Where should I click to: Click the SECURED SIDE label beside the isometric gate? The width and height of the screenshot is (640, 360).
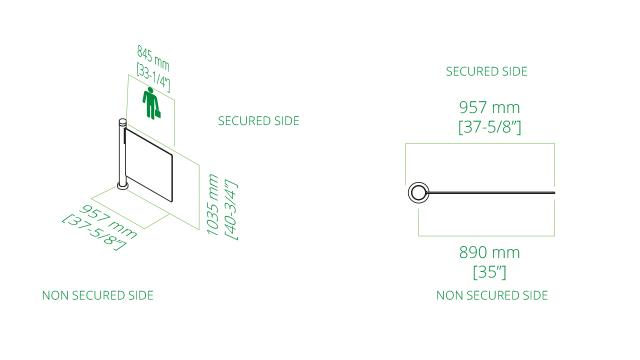pos(258,121)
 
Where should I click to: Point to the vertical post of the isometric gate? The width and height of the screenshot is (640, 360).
pos(121,155)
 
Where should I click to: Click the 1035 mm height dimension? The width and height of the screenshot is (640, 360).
pos(212,203)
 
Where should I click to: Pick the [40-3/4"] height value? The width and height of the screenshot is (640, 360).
pos(230,208)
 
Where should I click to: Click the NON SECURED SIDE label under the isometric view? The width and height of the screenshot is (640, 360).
pos(97,296)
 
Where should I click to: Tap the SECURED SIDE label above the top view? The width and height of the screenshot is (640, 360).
pos(486,72)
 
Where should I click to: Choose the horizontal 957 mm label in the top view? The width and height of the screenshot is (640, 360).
pos(489,107)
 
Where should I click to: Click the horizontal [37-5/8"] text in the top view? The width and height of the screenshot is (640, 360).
pos(489,127)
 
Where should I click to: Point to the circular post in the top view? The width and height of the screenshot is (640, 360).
pos(417,192)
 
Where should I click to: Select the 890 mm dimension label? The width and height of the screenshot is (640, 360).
pos(489,252)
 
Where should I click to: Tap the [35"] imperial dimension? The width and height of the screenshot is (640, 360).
pos(489,271)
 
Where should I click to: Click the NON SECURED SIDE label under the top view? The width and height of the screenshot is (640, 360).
pos(491,296)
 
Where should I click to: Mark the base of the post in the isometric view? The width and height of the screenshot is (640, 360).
pos(121,185)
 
